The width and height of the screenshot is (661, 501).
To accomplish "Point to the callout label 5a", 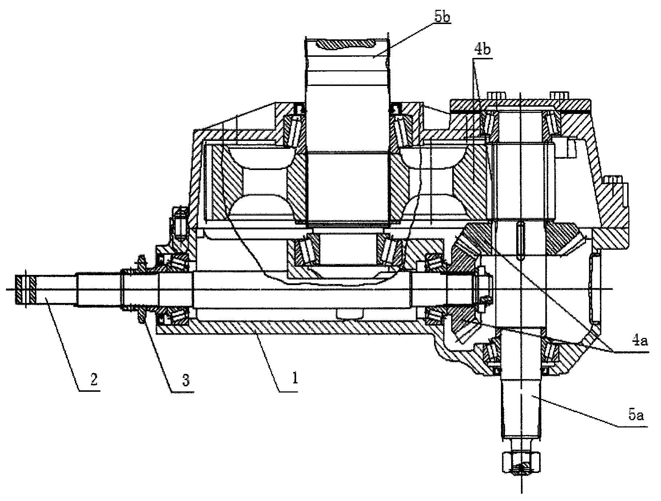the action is pyautogui.click(x=636, y=415).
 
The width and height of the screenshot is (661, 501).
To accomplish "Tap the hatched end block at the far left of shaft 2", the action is pyautogui.click(x=25, y=289).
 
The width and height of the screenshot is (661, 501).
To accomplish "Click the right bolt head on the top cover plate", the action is pyautogui.click(x=559, y=95).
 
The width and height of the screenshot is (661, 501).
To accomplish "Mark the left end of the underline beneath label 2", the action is pyautogui.click(x=79, y=390).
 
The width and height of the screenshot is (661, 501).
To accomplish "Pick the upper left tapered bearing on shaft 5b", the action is pyautogui.click(x=295, y=130).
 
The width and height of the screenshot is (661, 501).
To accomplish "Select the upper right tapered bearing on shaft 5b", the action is pyautogui.click(x=401, y=130).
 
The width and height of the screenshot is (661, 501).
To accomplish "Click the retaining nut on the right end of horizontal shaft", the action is pyautogui.click(x=479, y=289).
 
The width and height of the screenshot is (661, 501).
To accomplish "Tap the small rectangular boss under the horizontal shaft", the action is pyautogui.click(x=350, y=313).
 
